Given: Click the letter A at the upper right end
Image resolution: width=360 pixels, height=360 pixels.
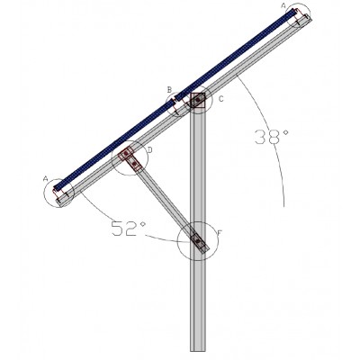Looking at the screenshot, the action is pyautogui.click(x=283, y=5).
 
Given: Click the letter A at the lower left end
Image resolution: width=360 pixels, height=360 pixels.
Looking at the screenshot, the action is pyautogui.click(x=46, y=179).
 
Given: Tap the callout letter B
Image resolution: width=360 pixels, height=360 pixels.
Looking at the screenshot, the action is pyautogui.click(x=169, y=89).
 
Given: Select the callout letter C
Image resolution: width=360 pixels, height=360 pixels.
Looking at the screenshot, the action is pyautogui.click(x=221, y=99).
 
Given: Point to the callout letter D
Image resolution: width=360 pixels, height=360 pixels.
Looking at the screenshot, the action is pyautogui.click(x=150, y=150).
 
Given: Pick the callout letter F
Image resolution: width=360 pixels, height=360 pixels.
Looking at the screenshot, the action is pyautogui.click(x=220, y=232).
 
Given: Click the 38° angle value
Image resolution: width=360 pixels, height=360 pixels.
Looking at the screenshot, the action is pyautogui.click(x=272, y=137).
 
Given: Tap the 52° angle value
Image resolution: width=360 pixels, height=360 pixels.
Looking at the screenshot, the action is pyautogui.click(x=129, y=229).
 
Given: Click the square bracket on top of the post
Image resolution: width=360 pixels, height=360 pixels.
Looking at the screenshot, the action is pyautogui.click(x=198, y=100).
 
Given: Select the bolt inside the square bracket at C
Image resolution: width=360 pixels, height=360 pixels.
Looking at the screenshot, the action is pyautogui.click(x=198, y=100).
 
